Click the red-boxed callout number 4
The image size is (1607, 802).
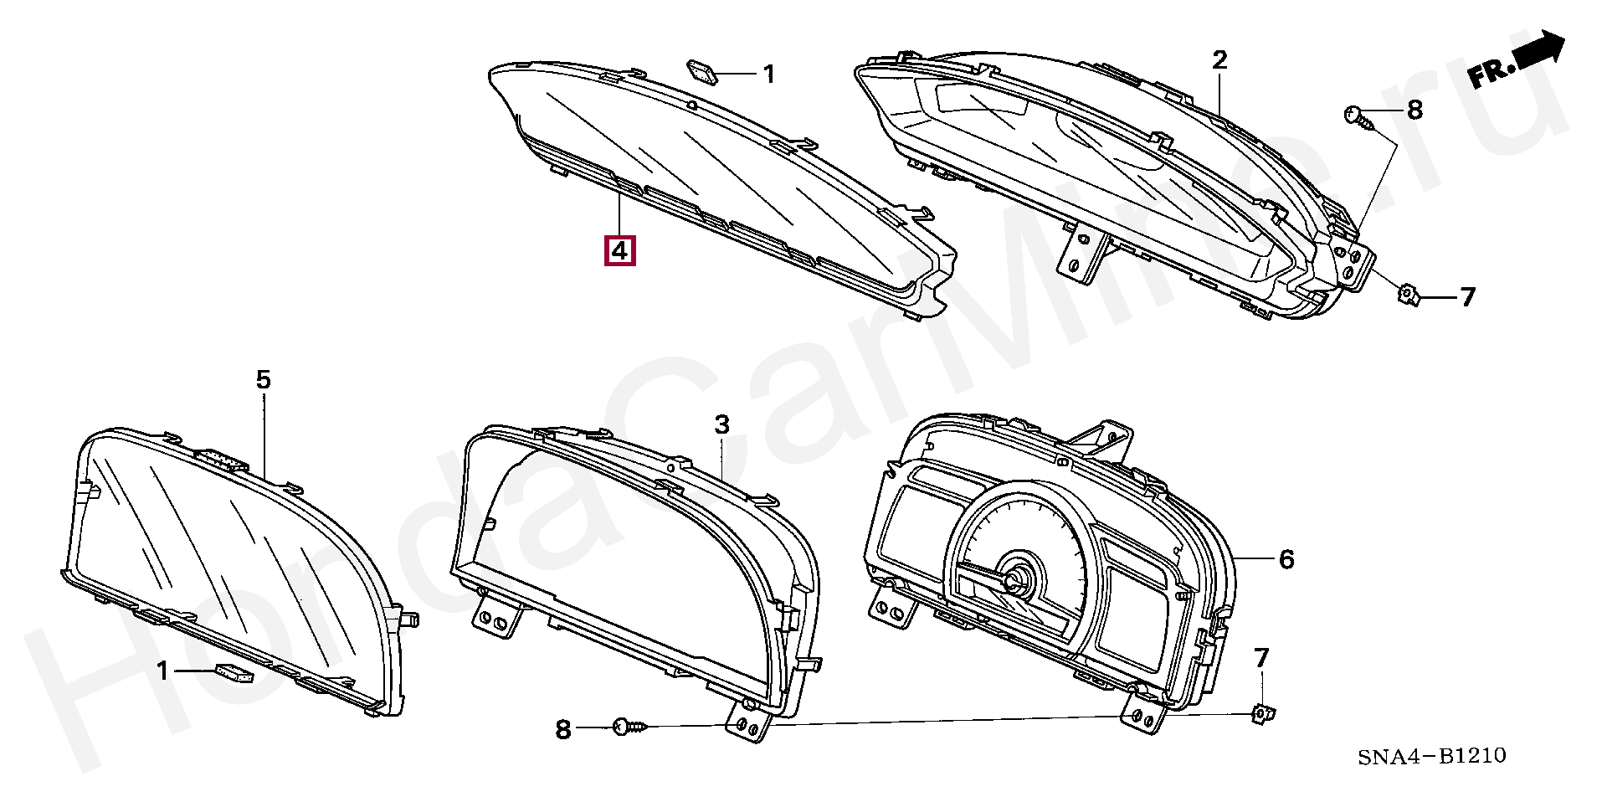click(x=620, y=250)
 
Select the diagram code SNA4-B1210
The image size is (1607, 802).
click(x=1431, y=756)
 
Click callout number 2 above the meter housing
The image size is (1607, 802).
click(x=1219, y=59)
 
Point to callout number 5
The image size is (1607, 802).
click(x=263, y=380)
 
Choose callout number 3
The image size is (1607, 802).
click(x=721, y=424)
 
